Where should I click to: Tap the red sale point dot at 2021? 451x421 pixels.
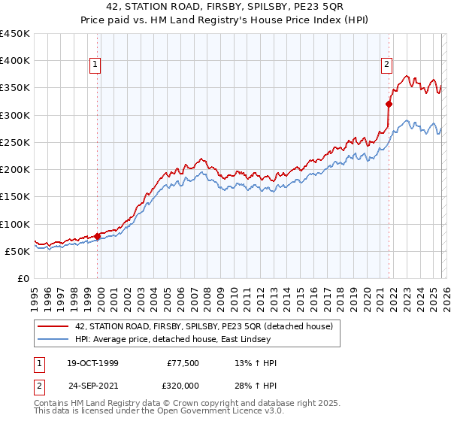(x=389, y=104)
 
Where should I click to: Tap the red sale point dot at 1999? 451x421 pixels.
(x=98, y=236)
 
